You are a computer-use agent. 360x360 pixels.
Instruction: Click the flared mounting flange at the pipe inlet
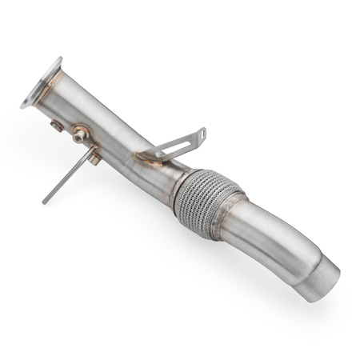pos(40,83)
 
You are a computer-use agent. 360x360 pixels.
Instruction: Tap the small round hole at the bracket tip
pos(201,132)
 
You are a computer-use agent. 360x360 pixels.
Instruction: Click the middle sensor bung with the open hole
pos(79,135)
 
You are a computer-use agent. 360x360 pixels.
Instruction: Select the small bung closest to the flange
pos(57,126)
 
